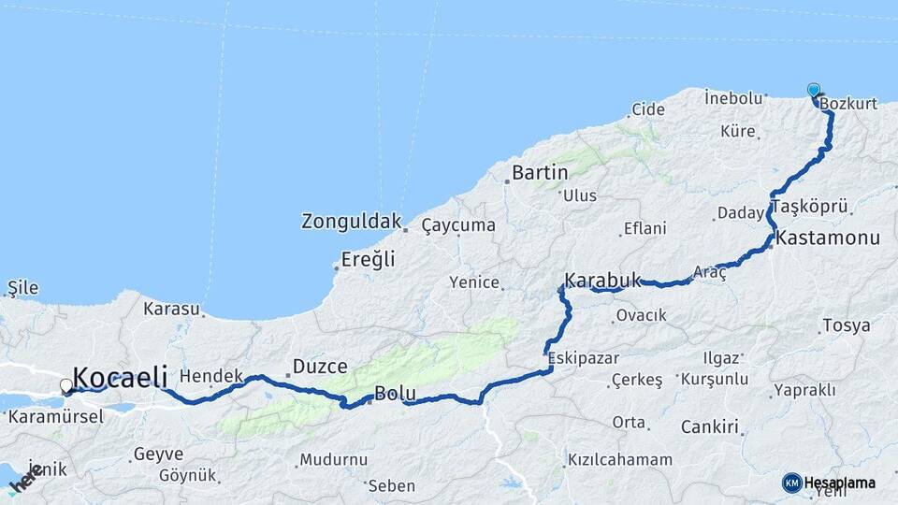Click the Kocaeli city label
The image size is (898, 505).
(120, 378)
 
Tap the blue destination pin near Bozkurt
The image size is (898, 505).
(814, 91)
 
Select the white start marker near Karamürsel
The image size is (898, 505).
(66, 385)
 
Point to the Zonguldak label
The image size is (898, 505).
(351, 222)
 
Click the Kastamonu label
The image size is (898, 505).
(828, 238)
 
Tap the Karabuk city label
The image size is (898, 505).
(603, 280)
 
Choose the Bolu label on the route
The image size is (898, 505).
(393, 394)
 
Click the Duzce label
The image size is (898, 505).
(320, 367)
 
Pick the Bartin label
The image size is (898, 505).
(540, 173)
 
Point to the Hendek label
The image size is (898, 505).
(210, 375)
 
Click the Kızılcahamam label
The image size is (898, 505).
(619, 460)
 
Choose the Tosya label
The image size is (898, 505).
(845, 326)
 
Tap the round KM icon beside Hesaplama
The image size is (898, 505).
(792, 483)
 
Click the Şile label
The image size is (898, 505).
(23, 287)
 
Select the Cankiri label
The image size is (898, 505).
(710, 427)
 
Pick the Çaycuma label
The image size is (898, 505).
(458, 225)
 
